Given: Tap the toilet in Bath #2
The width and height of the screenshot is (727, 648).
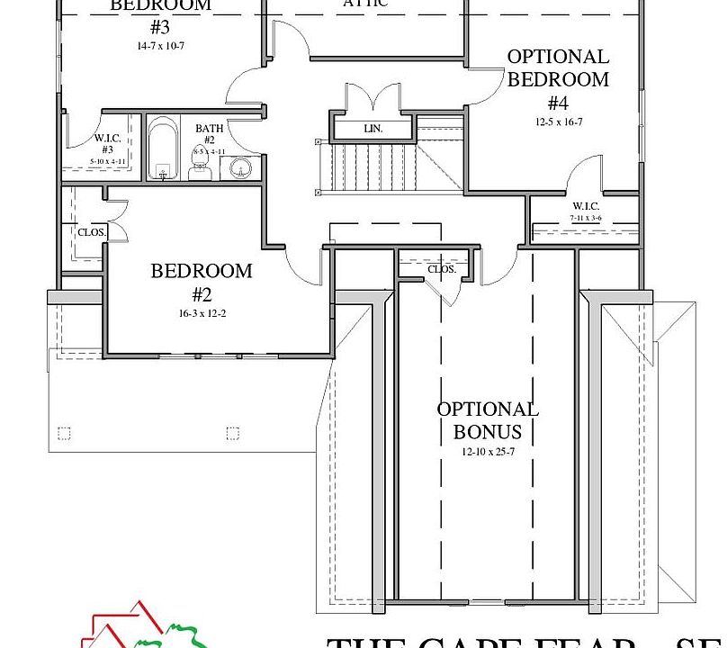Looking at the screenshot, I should point(200,169).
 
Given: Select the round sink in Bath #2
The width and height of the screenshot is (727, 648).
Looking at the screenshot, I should point(238,167).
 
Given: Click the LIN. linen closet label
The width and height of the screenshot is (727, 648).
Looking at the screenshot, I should point(373,129).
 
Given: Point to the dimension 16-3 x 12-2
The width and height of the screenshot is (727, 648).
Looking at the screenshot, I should point(202,314).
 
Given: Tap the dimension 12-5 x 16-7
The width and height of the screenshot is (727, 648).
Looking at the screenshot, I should point(558,121).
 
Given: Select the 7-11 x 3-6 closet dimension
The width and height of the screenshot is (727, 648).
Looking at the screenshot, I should point(585,218).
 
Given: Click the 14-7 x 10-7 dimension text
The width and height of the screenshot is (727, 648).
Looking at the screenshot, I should point(160,44).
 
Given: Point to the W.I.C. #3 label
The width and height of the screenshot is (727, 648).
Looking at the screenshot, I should point(107,143).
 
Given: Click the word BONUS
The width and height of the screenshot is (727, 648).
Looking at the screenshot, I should point(488,432).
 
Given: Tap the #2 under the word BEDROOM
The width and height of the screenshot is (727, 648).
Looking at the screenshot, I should point(202,294).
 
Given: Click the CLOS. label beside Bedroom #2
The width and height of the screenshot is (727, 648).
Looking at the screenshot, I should point(92,232).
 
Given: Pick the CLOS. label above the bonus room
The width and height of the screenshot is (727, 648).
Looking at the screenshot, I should point(441,269).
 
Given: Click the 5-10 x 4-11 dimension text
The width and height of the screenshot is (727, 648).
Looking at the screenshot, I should point(107,161).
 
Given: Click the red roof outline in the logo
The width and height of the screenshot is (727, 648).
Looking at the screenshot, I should point(126,621).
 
